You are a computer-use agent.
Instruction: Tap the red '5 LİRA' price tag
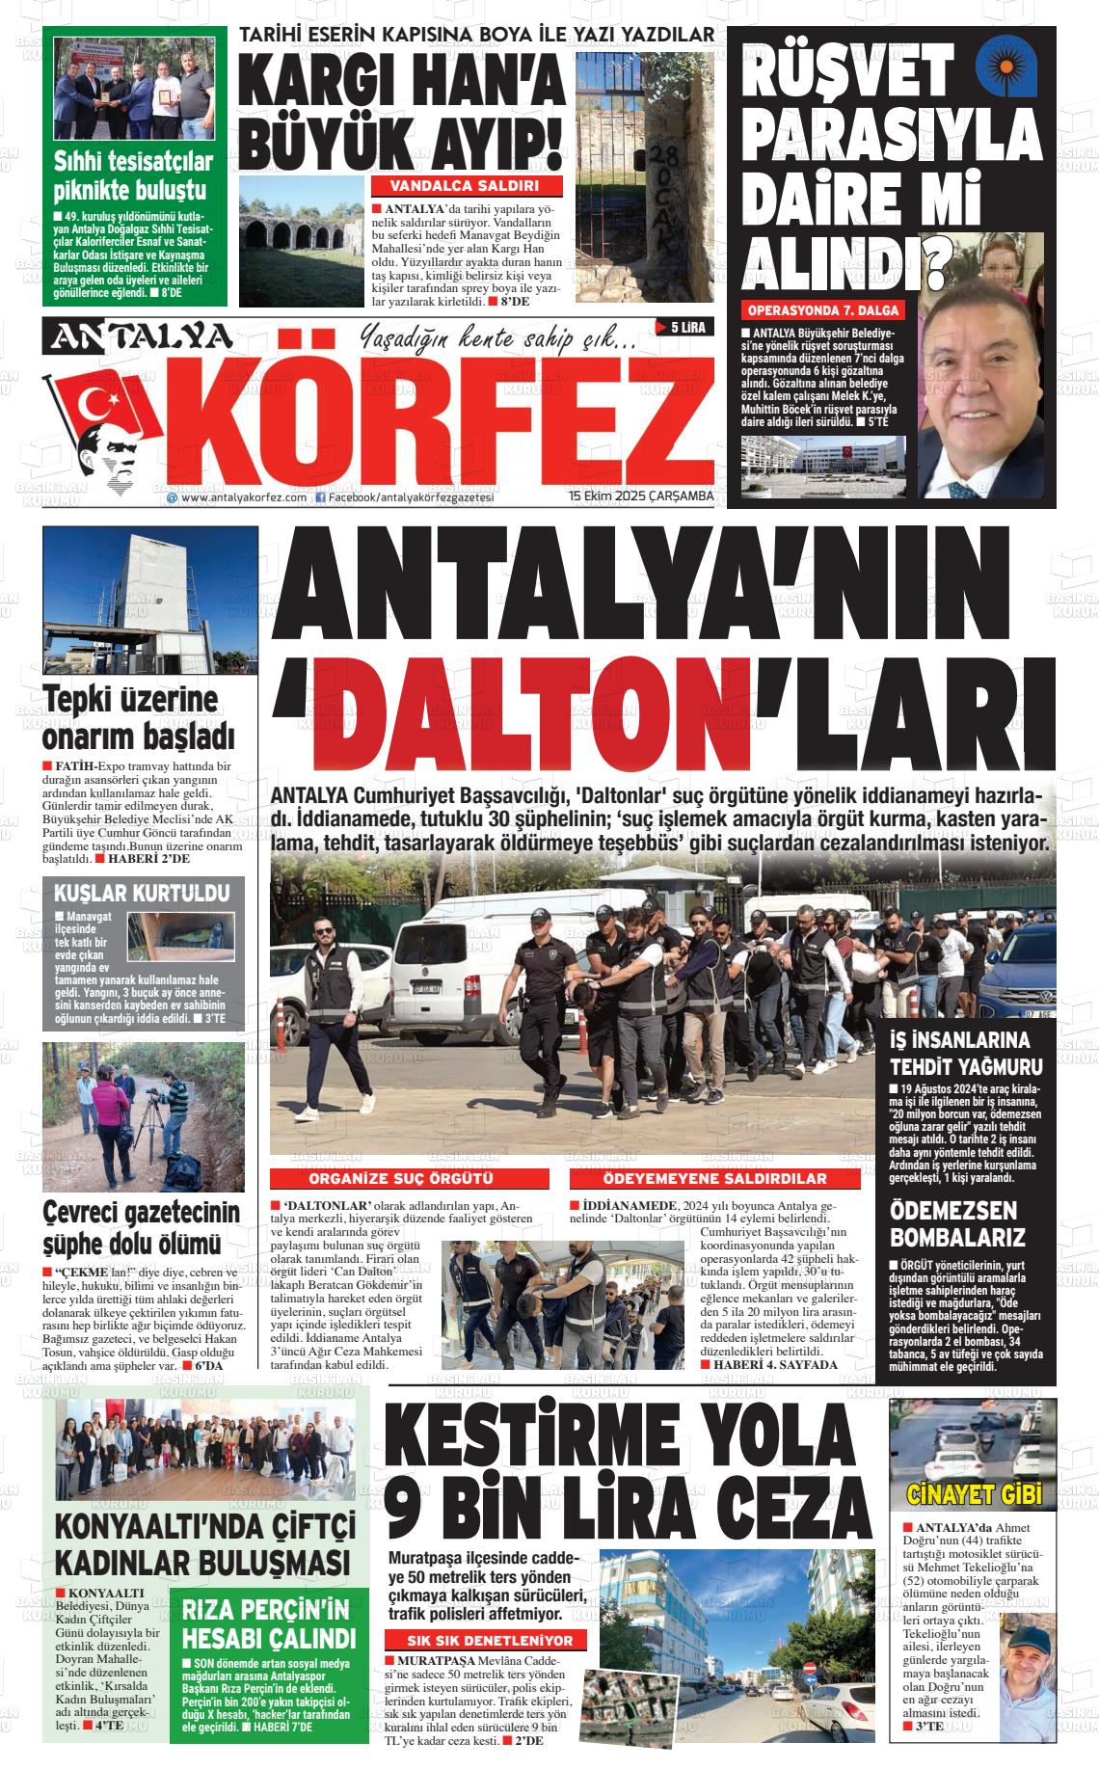[x=682, y=328]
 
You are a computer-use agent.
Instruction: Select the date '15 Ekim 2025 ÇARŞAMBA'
[x=641, y=496]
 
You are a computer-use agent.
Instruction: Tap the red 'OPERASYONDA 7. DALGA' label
[x=823, y=310]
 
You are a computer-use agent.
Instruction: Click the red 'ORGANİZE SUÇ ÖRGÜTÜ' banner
[x=401, y=1179]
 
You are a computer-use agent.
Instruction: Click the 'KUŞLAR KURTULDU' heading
[x=141, y=892]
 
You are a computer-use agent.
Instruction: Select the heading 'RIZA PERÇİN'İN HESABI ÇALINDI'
[x=269, y=1624]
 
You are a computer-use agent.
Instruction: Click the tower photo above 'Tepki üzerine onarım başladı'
[x=150, y=600]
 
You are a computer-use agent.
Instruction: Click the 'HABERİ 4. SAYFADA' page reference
[x=768, y=1364]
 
